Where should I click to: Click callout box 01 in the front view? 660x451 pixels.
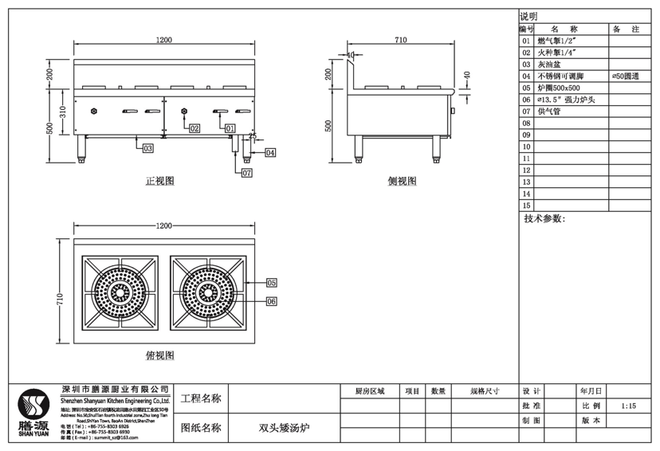(230, 127)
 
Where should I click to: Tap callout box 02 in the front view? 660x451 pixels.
(194, 127)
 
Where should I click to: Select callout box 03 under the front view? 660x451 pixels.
(147, 148)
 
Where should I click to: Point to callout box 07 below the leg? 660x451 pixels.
(246, 172)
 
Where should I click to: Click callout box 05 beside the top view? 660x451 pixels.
(271, 283)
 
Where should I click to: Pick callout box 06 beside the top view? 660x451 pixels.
(271, 301)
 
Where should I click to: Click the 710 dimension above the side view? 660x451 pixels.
(400, 40)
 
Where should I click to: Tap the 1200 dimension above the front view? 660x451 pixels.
(165, 40)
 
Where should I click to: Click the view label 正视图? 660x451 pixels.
(159, 182)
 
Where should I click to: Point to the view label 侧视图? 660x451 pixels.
(402, 182)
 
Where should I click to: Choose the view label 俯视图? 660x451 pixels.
(159, 355)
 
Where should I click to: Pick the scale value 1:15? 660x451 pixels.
(628, 406)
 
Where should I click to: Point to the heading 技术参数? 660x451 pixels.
(544, 218)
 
